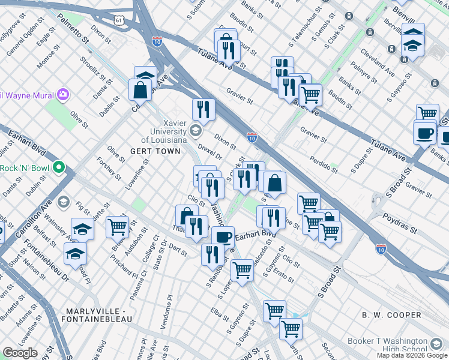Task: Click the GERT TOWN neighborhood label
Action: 155,151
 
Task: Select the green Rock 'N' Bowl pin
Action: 58,167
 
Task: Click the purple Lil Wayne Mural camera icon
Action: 62,94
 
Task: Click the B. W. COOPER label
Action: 391,315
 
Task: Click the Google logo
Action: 20,353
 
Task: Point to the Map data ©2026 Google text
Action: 412,355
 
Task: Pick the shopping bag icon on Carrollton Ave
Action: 140,90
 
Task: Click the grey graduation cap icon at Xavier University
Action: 195,131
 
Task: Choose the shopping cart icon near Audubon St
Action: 117,227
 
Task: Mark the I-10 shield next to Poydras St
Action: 381,248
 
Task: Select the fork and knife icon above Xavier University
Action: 203,109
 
